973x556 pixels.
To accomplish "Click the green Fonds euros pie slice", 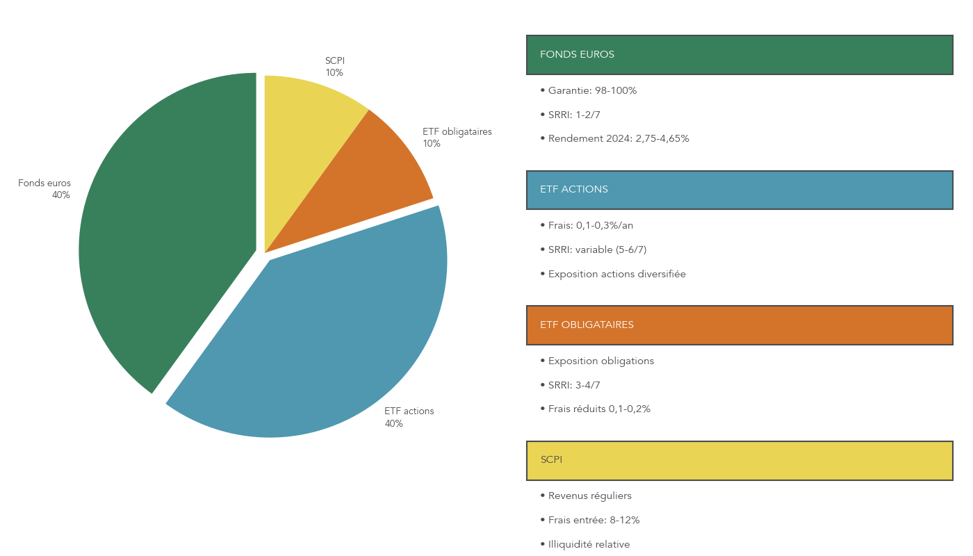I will [x=167, y=236].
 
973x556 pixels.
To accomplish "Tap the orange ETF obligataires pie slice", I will [x=361, y=181].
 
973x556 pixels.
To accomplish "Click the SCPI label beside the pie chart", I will [x=335, y=67].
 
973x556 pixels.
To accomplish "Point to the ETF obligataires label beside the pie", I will [x=457, y=138].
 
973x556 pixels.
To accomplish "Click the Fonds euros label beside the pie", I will [x=45, y=189].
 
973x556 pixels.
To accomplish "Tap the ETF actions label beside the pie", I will [x=409, y=417].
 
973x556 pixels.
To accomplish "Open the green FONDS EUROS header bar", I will [x=739, y=54].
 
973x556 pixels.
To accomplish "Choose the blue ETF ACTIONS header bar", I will [x=739, y=190].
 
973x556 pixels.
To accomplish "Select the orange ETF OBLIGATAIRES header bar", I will [x=739, y=325].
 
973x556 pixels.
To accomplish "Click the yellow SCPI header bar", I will [x=739, y=460].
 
